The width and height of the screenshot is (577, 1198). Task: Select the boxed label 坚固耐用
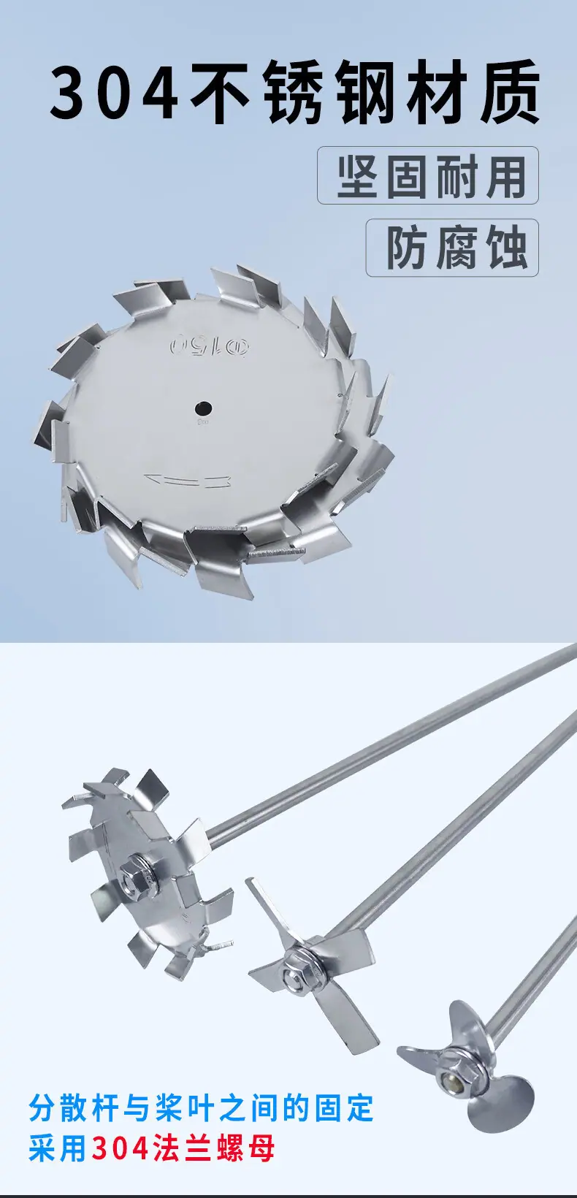[x=428, y=175]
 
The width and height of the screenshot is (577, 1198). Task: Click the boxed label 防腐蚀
[x=452, y=247]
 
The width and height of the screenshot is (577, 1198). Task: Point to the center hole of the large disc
[x=203, y=409]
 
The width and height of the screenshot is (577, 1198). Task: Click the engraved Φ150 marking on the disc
[x=210, y=346]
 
